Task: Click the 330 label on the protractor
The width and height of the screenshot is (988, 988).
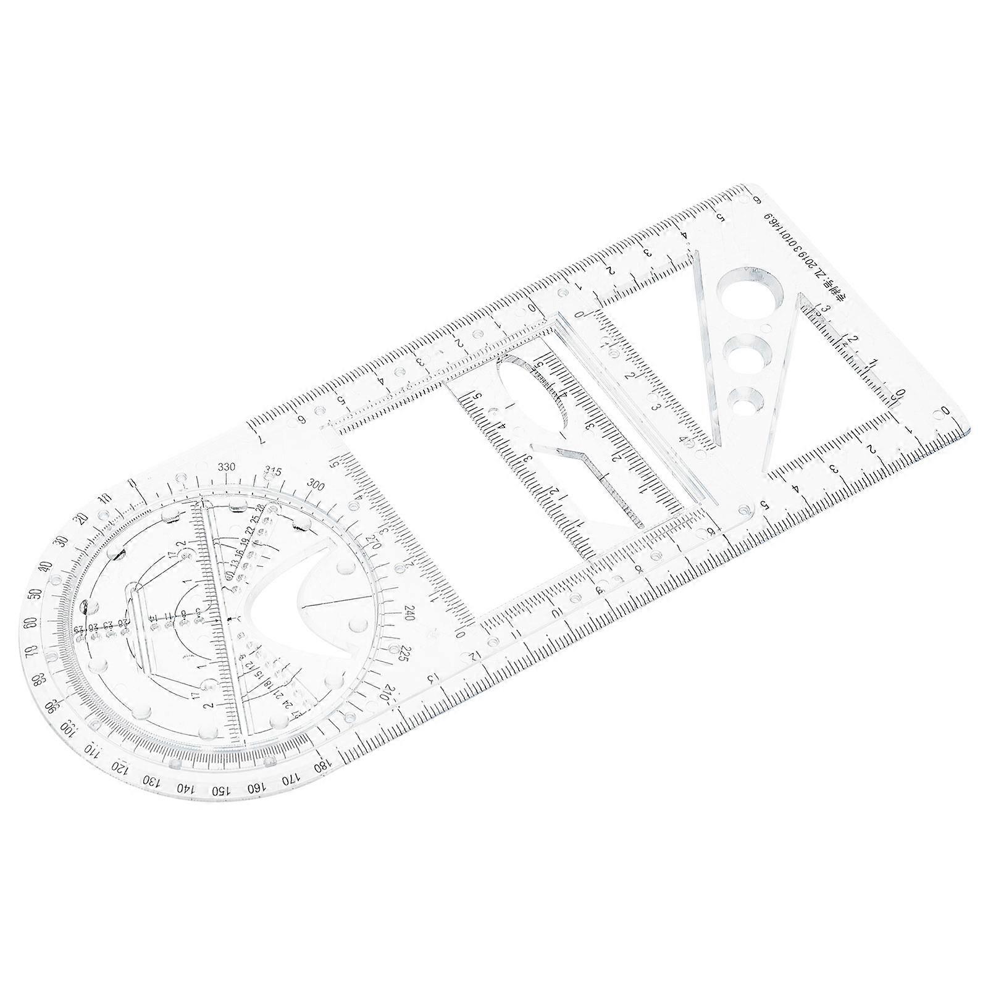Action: [226, 467]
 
